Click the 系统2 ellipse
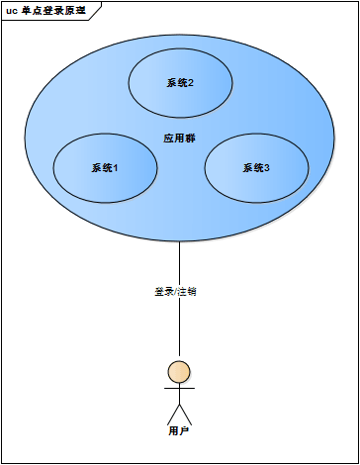click(179, 83)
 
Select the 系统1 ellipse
click(104, 168)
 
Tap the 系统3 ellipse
click(255, 168)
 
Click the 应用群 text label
click(179, 138)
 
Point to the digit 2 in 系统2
click(190, 83)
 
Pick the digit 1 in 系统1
click(116, 168)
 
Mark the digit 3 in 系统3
click(267, 168)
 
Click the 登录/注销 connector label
click(175, 292)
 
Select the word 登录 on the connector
click(163, 292)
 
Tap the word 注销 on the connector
click(187, 292)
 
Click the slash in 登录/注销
click(175, 292)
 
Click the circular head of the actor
click(179, 372)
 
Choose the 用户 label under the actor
click(179, 431)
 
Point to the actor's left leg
click(172, 414)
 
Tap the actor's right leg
click(186, 414)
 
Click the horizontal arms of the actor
click(179, 389)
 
